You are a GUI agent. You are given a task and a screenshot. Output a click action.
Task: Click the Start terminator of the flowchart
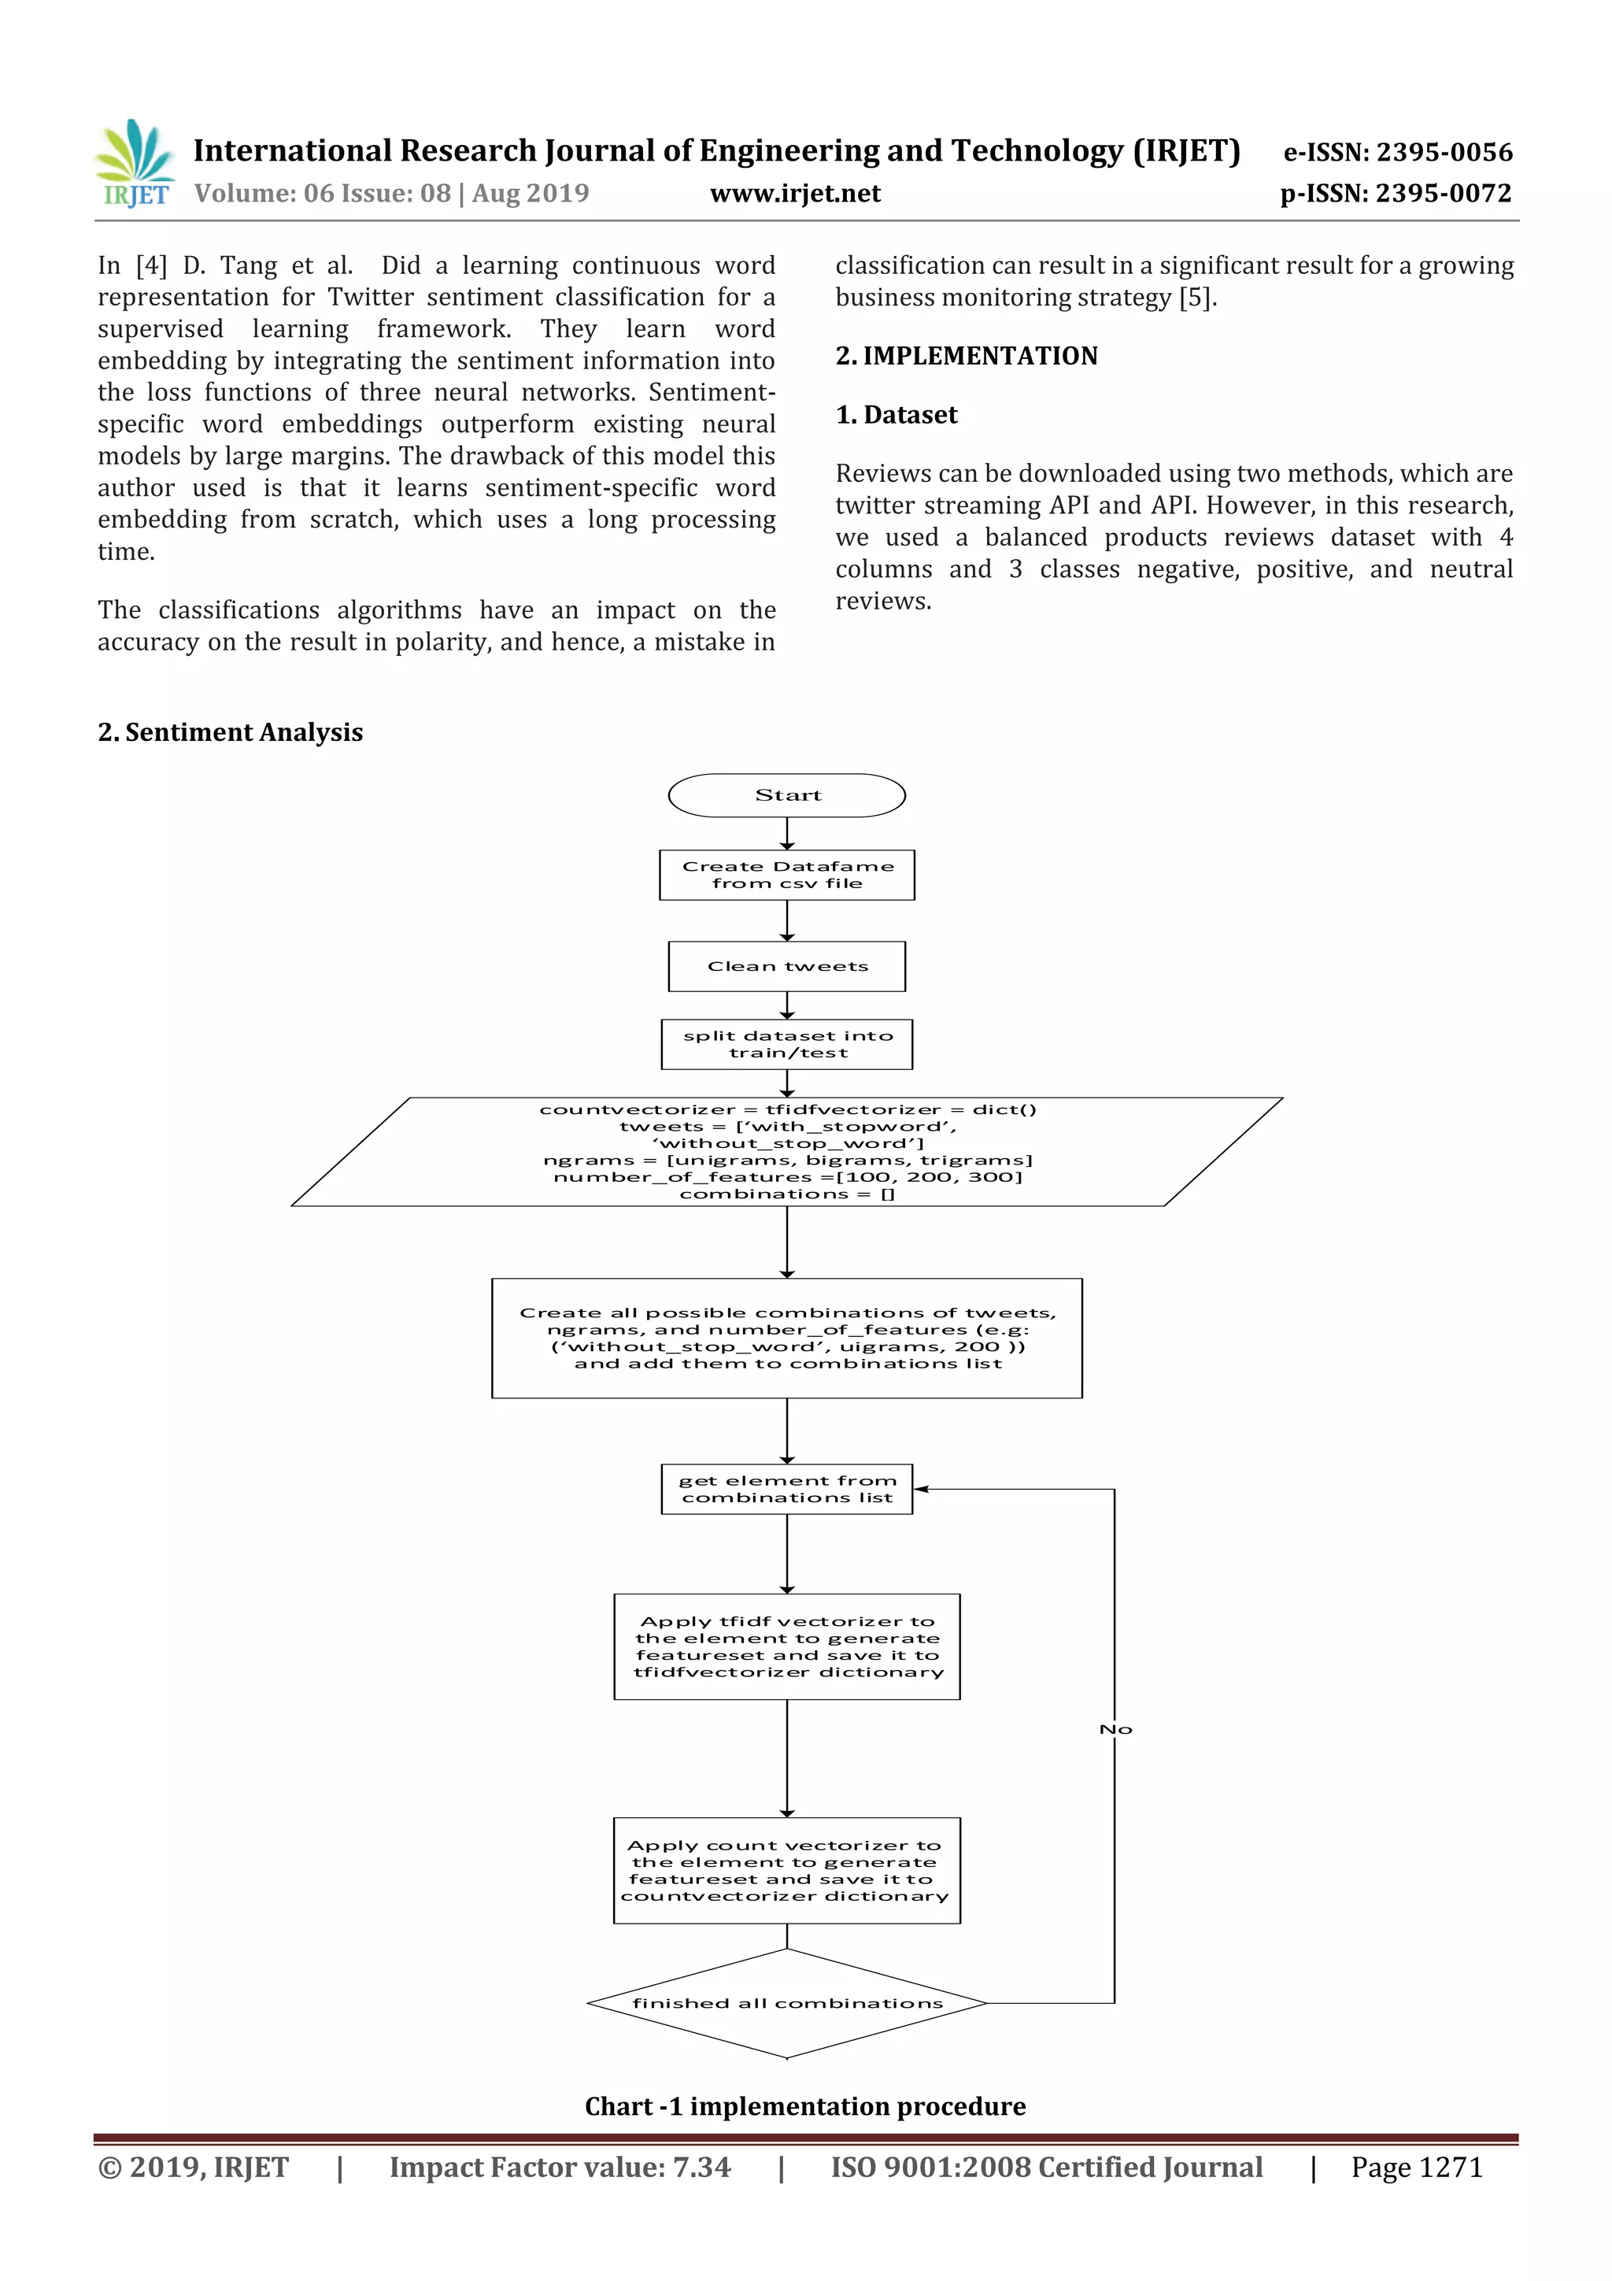[786, 794]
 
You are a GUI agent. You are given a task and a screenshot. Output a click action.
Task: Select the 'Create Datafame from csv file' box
[786, 874]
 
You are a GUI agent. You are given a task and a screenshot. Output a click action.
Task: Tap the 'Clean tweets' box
[786, 965]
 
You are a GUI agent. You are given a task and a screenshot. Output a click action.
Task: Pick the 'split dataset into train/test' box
[786, 1044]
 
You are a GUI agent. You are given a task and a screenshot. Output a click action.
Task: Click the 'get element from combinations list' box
[786, 1488]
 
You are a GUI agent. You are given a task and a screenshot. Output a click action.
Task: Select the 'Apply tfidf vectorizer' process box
[786, 1646]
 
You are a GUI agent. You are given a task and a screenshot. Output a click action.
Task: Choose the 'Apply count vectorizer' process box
[786, 1870]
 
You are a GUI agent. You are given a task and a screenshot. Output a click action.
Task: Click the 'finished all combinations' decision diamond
[786, 2003]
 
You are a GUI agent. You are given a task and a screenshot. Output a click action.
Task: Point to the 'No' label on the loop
[1115, 1730]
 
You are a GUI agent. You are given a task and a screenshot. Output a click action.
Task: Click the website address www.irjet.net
[794, 193]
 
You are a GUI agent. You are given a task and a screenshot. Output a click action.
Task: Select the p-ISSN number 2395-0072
[1443, 193]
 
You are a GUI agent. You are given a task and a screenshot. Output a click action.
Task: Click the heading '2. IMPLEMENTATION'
[967, 356]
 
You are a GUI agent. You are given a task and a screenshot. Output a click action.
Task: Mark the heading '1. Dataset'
[896, 414]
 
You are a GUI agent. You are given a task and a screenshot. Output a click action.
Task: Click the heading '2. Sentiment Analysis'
[231, 732]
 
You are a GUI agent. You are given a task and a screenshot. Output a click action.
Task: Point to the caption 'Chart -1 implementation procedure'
[804, 2106]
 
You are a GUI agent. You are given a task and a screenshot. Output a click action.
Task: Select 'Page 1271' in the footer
[1416, 2167]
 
